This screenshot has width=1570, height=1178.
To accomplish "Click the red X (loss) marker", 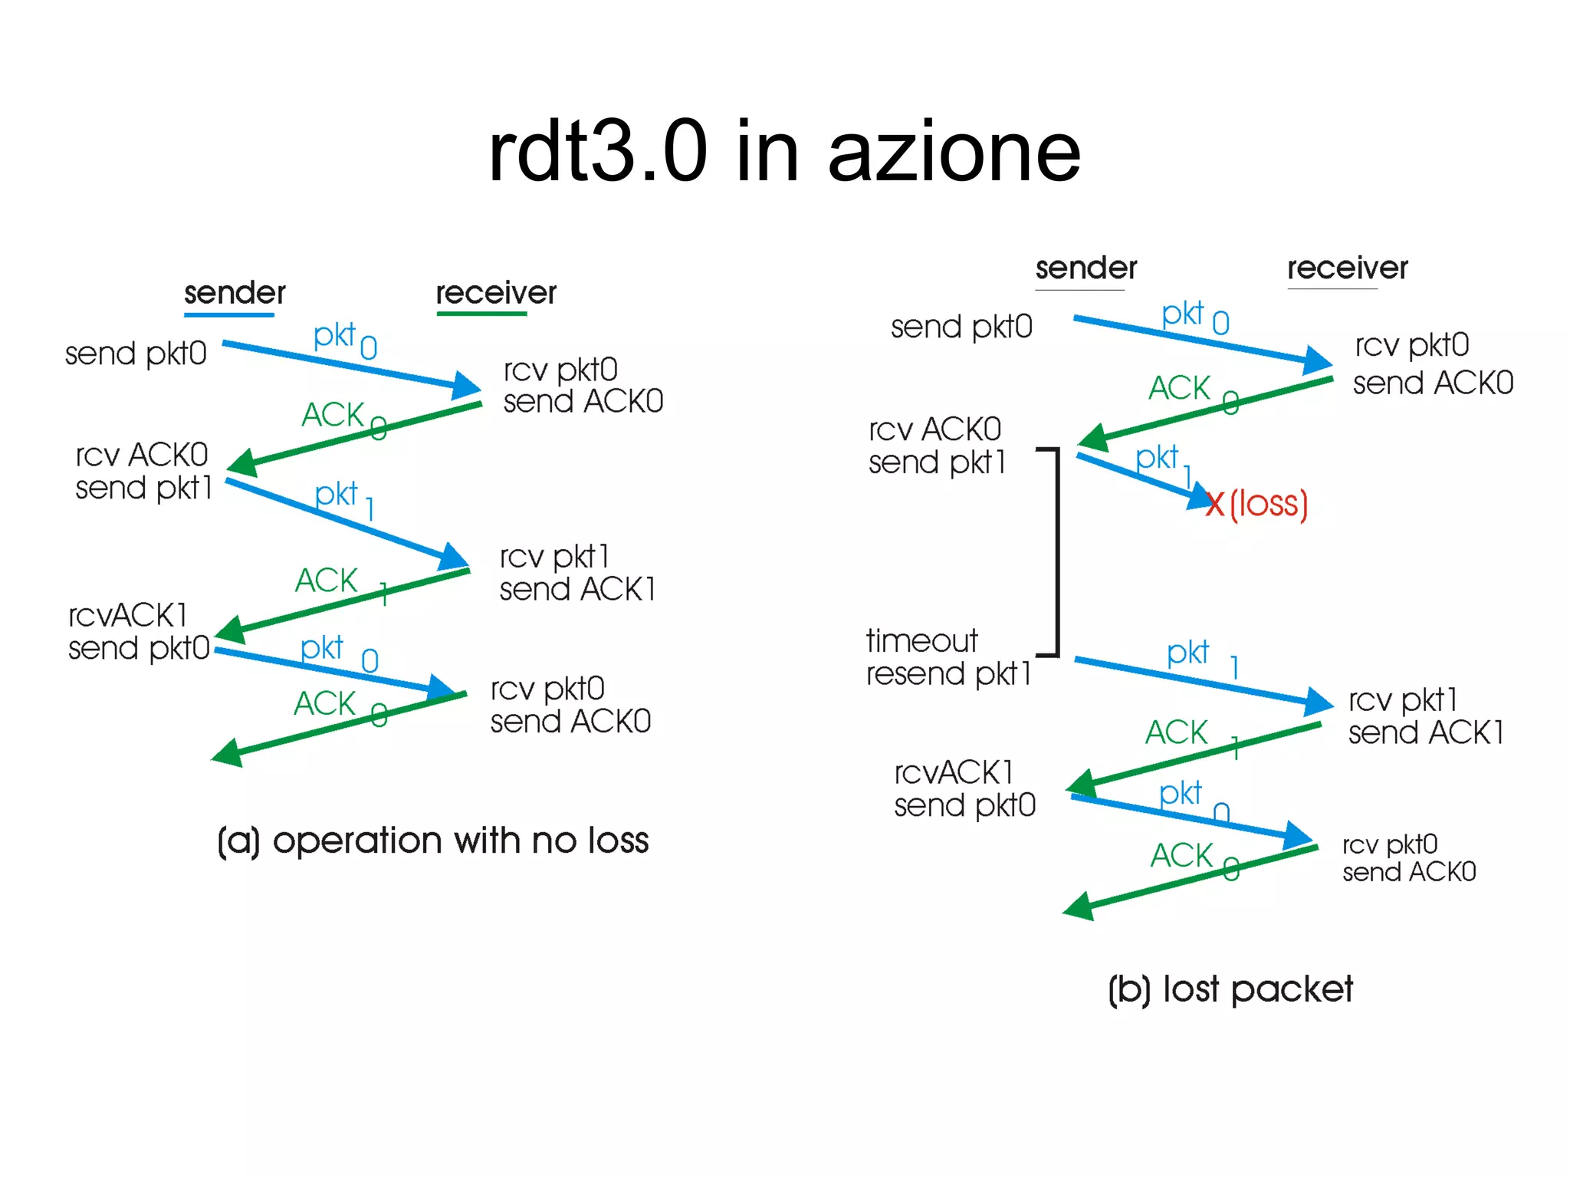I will click(x=1215, y=505).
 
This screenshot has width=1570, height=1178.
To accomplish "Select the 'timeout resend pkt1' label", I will click(x=948, y=657).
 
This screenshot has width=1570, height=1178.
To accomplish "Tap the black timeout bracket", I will click(x=1057, y=552).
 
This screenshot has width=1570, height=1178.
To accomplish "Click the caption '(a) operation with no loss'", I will click(x=433, y=841).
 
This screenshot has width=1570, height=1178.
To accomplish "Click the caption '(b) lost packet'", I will click(x=1230, y=989).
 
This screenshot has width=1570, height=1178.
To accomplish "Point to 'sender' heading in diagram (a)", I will click(x=235, y=293).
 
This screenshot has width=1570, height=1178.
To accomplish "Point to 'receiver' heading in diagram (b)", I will click(x=1347, y=268).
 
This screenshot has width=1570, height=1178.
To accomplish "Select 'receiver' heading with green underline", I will click(x=496, y=293).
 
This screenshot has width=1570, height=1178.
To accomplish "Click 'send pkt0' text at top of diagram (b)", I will click(x=961, y=327).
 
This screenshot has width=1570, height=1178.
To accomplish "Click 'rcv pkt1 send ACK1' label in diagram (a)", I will click(x=576, y=573).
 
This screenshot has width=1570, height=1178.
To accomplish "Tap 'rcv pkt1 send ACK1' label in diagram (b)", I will click(x=1425, y=716).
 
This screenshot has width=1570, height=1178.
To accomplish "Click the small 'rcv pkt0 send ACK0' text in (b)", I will click(x=1408, y=858).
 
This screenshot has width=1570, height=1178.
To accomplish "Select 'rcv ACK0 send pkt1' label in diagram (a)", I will click(x=143, y=471).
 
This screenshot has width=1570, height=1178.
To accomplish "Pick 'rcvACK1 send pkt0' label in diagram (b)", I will click(x=964, y=789).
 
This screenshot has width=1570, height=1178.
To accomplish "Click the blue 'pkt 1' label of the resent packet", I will click(x=1201, y=656).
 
